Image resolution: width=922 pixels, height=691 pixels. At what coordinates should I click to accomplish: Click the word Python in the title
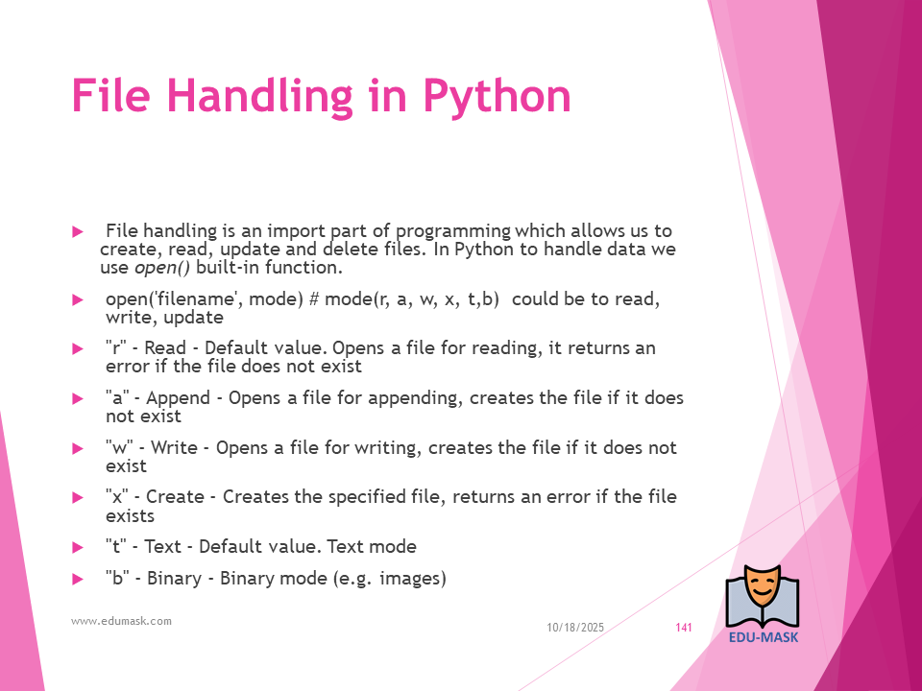(x=497, y=97)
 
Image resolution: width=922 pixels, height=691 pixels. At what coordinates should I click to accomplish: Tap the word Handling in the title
(x=260, y=97)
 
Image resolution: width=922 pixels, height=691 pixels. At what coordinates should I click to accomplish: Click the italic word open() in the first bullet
(x=162, y=268)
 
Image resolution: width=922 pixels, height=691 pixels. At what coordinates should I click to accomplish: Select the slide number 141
(x=684, y=628)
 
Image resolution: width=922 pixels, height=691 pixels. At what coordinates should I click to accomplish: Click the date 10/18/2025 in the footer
(x=575, y=628)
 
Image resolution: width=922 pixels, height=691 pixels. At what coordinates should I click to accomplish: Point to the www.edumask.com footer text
(x=121, y=621)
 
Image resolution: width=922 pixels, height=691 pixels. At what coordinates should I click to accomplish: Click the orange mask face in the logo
(x=762, y=588)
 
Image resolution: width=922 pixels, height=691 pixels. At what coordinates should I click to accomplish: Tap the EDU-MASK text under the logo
(x=764, y=637)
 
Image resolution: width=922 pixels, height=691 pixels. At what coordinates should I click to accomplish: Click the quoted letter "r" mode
(x=116, y=347)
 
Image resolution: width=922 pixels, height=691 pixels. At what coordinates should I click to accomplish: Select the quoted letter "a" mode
(x=117, y=397)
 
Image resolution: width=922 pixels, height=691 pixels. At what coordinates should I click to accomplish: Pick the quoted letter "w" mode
(x=119, y=448)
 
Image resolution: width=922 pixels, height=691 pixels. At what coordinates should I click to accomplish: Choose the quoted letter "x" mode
(x=117, y=497)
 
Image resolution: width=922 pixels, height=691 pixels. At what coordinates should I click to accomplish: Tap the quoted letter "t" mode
(x=116, y=546)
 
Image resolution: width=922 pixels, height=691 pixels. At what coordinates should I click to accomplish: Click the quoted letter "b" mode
(x=117, y=578)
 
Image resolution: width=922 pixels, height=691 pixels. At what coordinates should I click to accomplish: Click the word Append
(x=179, y=399)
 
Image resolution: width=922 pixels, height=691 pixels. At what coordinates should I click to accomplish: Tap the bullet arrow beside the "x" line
(x=78, y=498)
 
